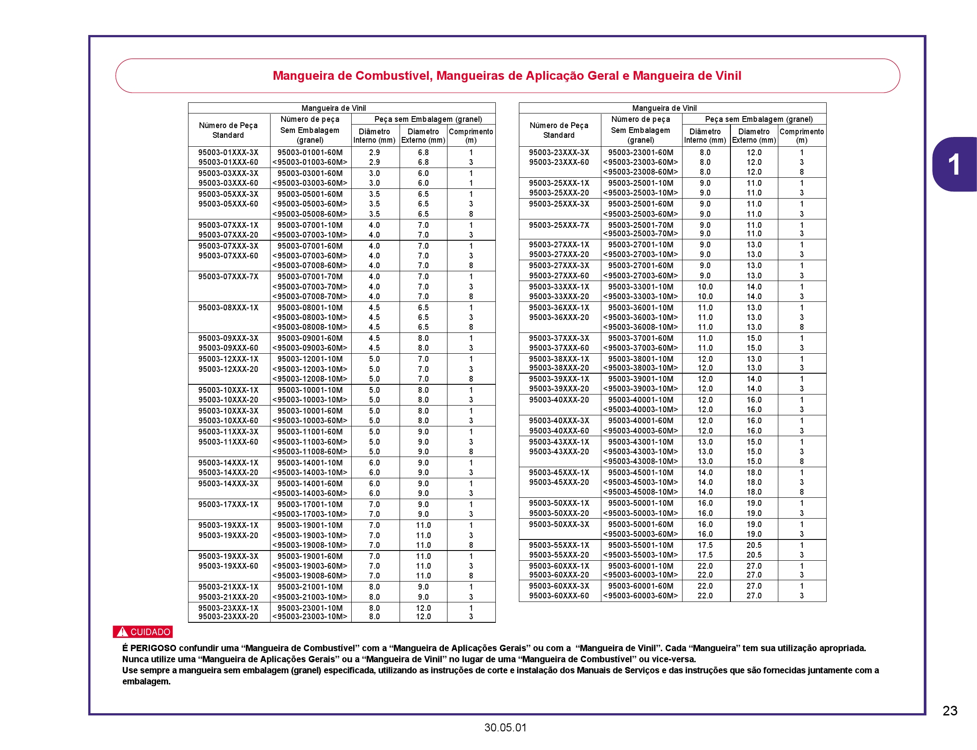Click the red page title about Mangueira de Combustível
click(506, 76)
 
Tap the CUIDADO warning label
click(143, 632)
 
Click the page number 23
click(950, 710)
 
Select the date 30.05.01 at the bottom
click(505, 728)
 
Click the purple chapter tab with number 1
click(954, 164)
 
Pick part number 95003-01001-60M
click(310, 152)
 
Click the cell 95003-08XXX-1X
click(228, 308)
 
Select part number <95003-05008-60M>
click(310, 214)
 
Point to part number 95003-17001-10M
click(310, 504)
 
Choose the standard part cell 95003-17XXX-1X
click(228, 504)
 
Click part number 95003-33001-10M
click(640, 287)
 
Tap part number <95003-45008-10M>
click(640, 492)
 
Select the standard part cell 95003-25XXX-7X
click(559, 225)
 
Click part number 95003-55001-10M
click(640, 545)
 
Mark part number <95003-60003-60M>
click(640, 596)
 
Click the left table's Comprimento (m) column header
click(471, 136)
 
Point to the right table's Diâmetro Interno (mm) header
click(705, 136)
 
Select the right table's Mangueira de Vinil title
click(664, 108)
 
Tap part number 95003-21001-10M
click(310, 587)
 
